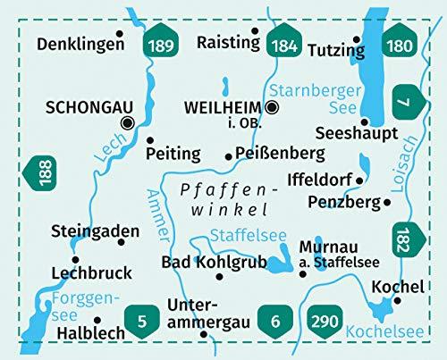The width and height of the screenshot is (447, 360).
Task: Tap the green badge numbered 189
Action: pyautogui.click(x=163, y=45)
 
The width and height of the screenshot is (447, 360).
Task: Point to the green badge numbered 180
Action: pyautogui.click(x=402, y=45)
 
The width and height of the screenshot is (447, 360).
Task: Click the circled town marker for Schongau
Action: pyautogui.click(x=127, y=123)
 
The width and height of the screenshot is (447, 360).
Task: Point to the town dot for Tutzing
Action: pyautogui.click(x=357, y=39)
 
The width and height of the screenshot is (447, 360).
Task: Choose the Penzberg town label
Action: pyautogui.click(x=342, y=203)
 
